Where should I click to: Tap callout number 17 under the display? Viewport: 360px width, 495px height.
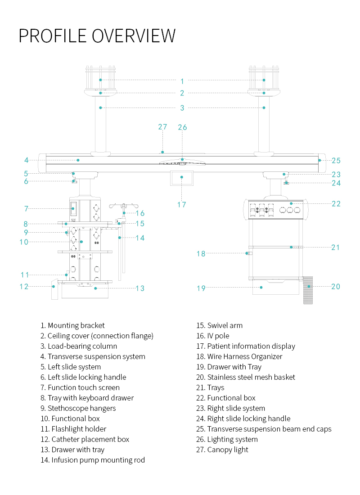[x=181, y=204]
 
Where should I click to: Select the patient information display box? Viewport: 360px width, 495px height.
[x=181, y=178]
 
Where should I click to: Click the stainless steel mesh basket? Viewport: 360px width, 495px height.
[x=308, y=290]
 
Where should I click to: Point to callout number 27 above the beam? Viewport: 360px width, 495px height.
[x=162, y=127]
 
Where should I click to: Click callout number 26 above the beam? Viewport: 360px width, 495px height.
[x=182, y=127]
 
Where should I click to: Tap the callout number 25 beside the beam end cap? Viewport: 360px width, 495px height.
[x=336, y=161]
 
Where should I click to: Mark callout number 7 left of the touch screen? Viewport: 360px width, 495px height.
[x=26, y=209]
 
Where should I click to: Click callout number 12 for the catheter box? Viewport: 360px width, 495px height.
[x=24, y=286]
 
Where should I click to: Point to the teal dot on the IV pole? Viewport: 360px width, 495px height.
[x=124, y=212]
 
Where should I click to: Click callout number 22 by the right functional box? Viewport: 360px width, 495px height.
[x=336, y=204]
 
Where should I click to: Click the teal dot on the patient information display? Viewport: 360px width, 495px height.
[x=182, y=177]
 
